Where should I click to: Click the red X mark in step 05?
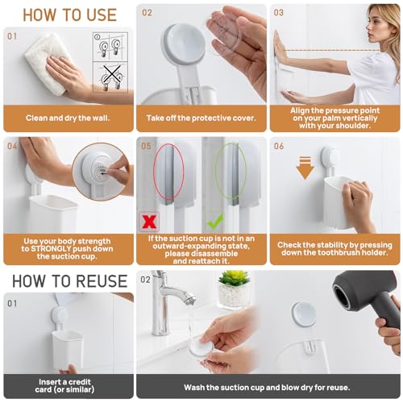pyautogui.click(x=149, y=222)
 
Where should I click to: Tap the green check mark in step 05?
pyautogui.click(x=216, y=221)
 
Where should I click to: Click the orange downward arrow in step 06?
pyautogui.click(x=305, y=168)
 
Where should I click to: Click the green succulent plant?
pyautogui.click(x=235, y=278)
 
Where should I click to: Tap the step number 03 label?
pyautogui.click(x=279, y=13)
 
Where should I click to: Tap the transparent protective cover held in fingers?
pyautogui.click(x=223, y=34)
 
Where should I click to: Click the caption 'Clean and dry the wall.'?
pyautogui.click(x=68, y=118)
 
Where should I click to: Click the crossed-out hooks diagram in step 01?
pyautogui.click(x=110, y=77)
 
